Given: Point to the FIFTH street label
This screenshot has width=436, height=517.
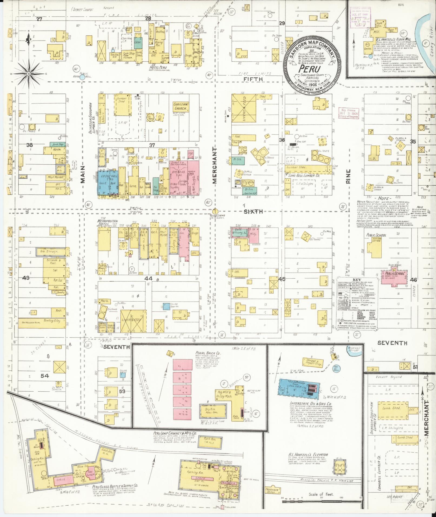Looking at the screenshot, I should click(253, 79).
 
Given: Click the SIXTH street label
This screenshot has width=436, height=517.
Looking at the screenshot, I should click(253, 212).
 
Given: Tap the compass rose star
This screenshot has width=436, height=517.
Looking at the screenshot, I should click(28, 74).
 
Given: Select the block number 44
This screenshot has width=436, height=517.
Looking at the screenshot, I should click(148, 278).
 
